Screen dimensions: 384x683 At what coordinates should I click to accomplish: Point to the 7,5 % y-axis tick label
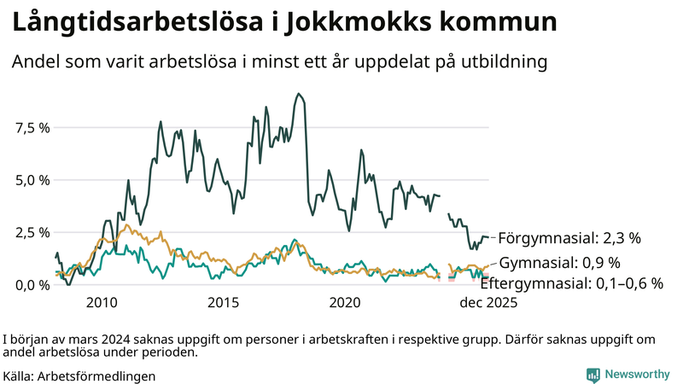[33, 128]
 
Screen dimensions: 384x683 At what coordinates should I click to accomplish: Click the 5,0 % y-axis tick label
[33, 180]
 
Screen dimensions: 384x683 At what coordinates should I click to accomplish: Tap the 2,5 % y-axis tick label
[33, 232]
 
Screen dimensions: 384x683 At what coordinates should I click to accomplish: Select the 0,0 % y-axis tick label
[33, 284]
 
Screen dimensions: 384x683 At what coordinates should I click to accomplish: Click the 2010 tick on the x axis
[101, 303]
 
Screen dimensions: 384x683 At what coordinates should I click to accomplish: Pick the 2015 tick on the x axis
[223, 303]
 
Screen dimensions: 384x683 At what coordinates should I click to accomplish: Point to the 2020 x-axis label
[345, 303]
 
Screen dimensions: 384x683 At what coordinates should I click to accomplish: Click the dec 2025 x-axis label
[489, 303]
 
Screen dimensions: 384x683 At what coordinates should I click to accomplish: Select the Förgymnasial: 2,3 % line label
[569, 238]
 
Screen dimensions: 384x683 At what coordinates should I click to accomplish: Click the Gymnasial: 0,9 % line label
[559, 262]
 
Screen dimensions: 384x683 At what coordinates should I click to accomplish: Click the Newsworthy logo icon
[593, 375]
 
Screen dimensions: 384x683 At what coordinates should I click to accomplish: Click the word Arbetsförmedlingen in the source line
[96, 375]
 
